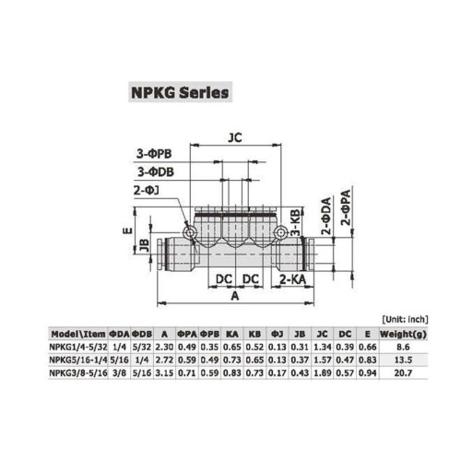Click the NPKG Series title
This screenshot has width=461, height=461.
[180, 92]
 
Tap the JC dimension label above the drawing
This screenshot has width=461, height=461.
[235, 137]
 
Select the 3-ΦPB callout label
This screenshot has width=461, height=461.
[154, 154]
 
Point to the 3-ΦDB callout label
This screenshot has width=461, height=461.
[156, 171]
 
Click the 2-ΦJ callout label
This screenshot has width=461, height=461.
[147, 191]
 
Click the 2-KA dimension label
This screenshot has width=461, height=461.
[292, 279]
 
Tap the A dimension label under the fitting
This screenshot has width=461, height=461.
[235, 296]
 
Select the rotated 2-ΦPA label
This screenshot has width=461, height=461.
[346, 207]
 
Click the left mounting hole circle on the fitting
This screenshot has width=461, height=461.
[189, 232]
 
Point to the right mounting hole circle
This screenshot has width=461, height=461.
[280, 232]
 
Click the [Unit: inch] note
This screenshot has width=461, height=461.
[405, 319]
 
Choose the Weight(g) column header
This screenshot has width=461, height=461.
[403, 334]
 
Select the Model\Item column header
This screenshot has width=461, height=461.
[78, 334]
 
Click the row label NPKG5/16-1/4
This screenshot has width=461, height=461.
[78, 360]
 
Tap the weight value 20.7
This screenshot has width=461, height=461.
[403, 372]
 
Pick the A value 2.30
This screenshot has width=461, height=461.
[164, 347]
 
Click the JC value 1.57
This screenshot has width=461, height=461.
[322, 360]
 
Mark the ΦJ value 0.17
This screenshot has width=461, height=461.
[277, 372]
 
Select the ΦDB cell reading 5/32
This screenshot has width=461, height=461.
[142, 347]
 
